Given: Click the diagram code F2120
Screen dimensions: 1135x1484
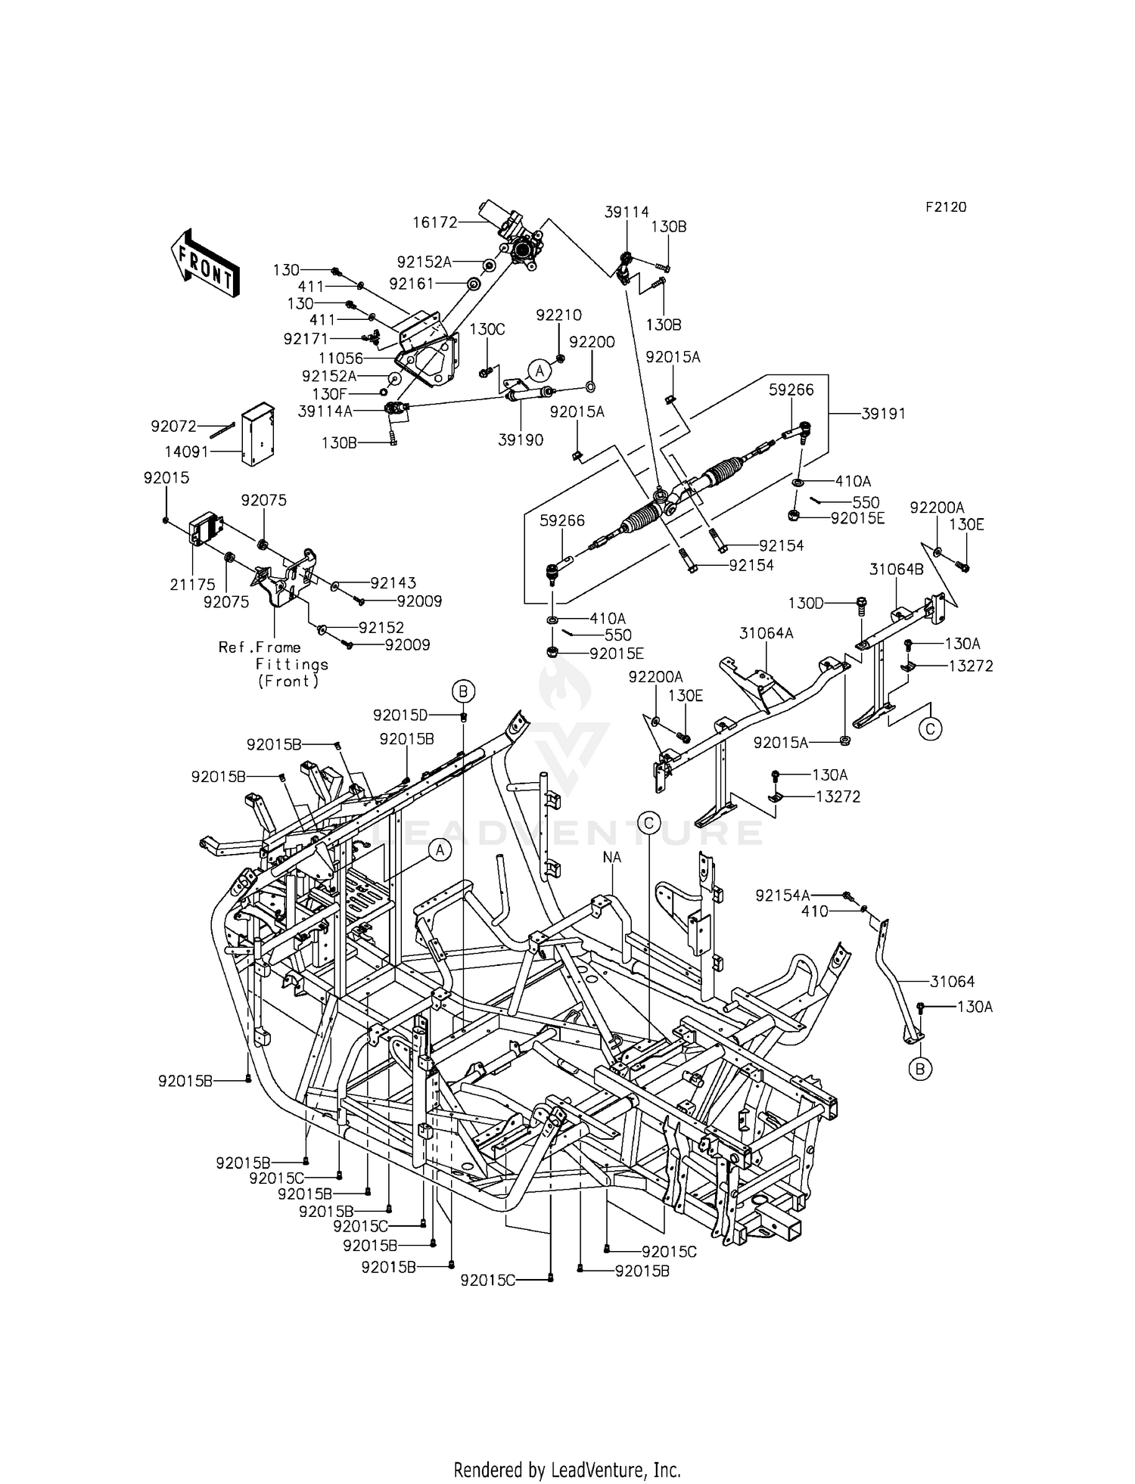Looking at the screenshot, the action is coord(945,207).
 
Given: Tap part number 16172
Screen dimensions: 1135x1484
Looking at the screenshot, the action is coord(435,222).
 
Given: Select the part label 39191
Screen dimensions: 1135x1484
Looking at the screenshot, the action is coord(884,414).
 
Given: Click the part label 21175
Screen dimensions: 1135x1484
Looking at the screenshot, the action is coord(192,584).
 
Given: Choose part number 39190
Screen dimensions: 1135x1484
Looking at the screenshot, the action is coord(521,439).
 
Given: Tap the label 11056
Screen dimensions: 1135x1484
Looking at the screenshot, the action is coord(341,359).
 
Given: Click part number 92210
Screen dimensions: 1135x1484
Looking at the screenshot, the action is coord(559,315).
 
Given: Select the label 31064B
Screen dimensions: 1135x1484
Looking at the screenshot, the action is coord(896,570).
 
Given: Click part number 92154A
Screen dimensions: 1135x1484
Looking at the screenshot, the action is coord(783,896).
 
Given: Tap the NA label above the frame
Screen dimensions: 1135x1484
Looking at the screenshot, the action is coord(611,857).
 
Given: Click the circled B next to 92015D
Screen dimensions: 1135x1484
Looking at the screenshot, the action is coord(463,690).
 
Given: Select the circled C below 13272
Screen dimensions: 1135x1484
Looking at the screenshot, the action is coord(930,728).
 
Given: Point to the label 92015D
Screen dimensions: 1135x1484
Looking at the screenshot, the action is coord(400,715).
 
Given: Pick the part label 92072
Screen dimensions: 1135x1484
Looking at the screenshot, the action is coord(173,427).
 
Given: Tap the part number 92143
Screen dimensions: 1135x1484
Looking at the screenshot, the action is coord(393,582).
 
